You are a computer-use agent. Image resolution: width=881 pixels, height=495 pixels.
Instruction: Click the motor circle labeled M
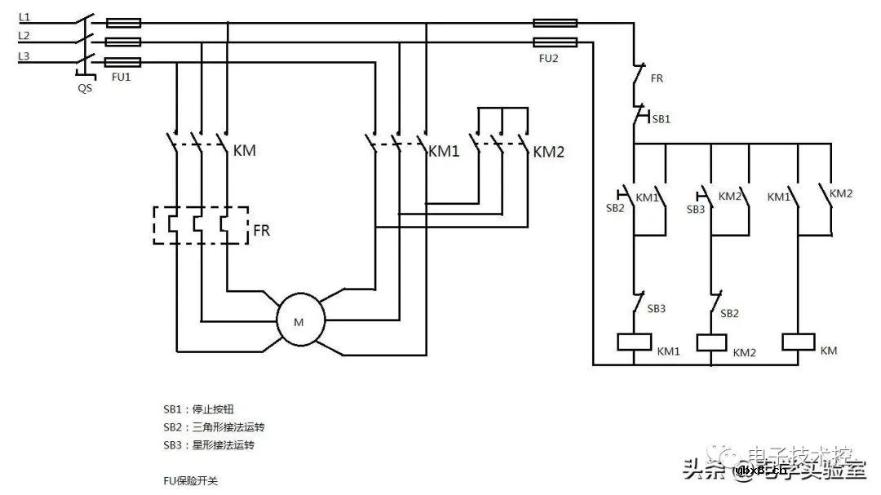299,322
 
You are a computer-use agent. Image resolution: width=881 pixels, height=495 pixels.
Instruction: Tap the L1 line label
24,17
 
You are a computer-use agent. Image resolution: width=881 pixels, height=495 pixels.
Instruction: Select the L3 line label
24,55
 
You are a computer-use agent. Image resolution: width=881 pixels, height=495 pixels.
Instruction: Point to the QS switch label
85,88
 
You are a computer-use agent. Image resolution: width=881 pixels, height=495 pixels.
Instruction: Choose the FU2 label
548,60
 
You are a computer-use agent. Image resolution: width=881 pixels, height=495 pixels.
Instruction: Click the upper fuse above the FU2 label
555,24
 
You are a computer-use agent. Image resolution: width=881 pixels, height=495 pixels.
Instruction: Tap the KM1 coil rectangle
635,342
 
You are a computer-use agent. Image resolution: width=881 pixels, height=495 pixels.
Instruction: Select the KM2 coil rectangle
711,342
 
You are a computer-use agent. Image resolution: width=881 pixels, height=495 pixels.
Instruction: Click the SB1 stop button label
661,119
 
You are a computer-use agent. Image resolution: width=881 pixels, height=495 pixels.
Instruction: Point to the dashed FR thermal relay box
201,224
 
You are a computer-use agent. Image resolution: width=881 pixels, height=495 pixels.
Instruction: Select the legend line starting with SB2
214,427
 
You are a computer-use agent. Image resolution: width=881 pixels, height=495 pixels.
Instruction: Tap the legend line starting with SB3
208,445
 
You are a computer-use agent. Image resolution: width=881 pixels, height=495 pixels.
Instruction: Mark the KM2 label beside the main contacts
548,152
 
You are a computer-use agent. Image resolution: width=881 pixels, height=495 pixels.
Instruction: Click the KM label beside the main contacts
244,151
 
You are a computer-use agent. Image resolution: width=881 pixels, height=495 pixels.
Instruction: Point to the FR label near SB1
657,79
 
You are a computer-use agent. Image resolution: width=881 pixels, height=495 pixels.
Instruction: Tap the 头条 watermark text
703,469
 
